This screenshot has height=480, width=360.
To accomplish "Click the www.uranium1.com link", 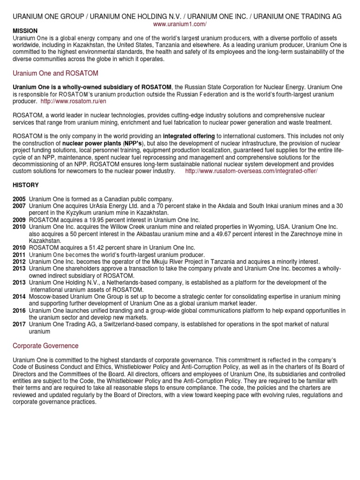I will point(180,24).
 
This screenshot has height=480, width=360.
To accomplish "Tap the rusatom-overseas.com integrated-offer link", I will point(251,172).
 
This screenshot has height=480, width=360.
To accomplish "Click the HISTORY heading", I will point(26,186).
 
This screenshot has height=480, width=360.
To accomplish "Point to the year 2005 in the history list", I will point(20,199).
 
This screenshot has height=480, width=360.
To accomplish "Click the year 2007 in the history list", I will point(20,206).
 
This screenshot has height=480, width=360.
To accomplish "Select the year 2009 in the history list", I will point(20,219).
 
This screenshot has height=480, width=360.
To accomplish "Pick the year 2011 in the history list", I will point(20,255).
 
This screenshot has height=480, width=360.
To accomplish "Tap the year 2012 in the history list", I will point(20,261).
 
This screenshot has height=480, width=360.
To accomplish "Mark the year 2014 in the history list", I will point(20,297).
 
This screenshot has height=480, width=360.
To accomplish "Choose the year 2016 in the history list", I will point(20,311).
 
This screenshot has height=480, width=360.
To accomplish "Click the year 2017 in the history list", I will point(20,324).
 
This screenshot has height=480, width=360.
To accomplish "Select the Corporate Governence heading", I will point(45,346).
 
